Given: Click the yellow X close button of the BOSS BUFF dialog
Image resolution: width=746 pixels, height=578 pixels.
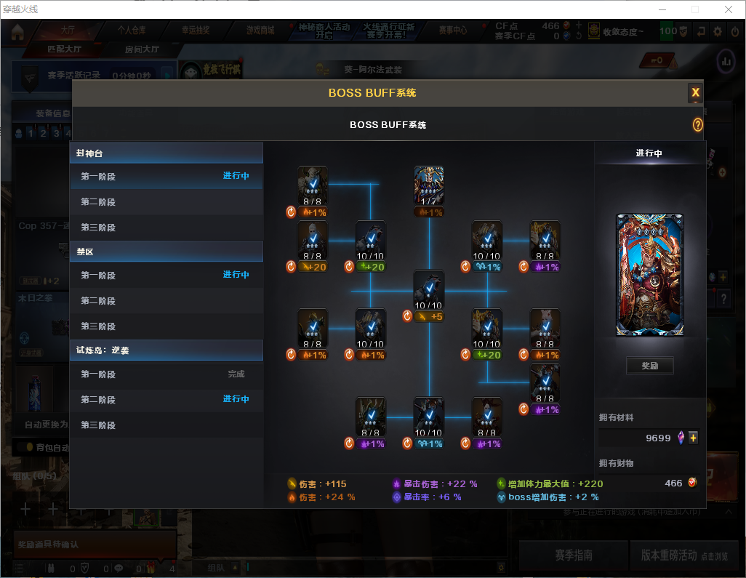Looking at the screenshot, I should coord(695,92).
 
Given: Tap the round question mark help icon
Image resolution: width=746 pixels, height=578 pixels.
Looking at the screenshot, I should coord(698,125).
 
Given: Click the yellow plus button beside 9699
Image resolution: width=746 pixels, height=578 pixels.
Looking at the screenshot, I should coord(693,438).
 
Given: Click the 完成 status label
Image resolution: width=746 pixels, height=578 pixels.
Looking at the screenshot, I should coord(236,374).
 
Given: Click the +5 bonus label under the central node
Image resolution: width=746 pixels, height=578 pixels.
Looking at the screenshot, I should coord(436,316).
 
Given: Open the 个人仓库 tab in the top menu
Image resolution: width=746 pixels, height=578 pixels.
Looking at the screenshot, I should coord(132,31).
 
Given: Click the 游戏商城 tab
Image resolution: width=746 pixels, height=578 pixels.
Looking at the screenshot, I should coord(260,31).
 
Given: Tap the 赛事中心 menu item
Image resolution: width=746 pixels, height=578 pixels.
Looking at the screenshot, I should coord(453,31).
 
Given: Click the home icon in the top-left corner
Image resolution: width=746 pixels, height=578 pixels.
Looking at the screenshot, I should coord(17,31).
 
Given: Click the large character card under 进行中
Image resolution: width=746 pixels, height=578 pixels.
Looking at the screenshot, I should coord(650,276).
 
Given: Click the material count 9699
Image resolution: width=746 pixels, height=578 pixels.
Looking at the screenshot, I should coord(658,438).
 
